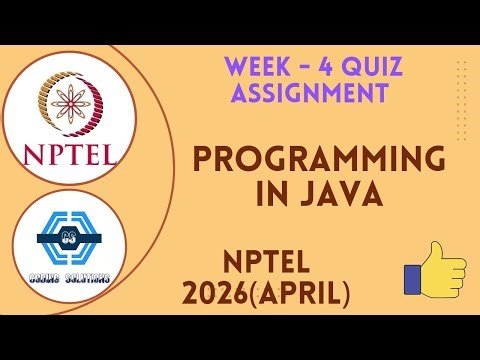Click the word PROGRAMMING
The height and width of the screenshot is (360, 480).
[318, 161]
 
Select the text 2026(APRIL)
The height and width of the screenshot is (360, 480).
[266, 293]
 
